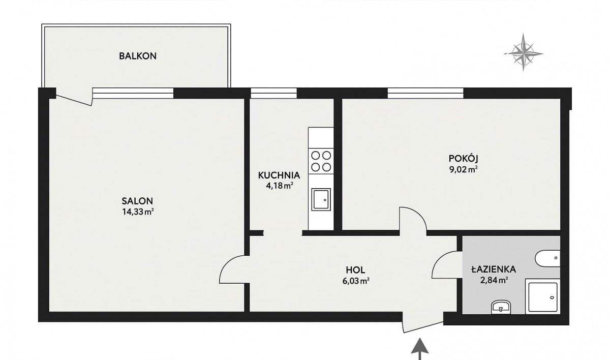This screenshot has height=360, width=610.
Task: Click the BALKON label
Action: click(x=138, y=56)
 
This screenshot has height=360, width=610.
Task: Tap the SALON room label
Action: click(x=137, y=201)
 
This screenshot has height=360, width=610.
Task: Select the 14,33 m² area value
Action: click(x=138, y=212)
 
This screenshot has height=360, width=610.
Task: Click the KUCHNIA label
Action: click(x=279, y=175)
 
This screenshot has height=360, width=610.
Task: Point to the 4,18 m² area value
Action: click(x=280, y=186)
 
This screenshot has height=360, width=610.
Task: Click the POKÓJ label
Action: click(x=464, y=158)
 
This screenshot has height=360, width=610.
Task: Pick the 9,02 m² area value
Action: click(x=464, y=170)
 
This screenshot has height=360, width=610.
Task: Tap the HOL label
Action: click(x=355, y=270)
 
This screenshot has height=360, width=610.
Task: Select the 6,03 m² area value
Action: click(x=356, y=281)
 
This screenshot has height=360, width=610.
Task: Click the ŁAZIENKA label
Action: click(x=494, y=269)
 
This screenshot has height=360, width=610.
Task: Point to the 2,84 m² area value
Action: click(x=494, y=280)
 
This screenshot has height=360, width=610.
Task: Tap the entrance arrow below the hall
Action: click(x=420, y=349)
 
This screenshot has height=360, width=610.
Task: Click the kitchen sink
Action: click(x=321, y=200)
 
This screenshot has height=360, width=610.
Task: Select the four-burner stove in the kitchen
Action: click(x=321, y=161)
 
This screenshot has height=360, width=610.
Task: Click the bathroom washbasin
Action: click(x=501, y=307)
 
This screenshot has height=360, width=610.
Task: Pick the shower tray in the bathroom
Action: click(x=543, y=296)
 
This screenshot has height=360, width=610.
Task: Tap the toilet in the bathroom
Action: click(x=547, y=258)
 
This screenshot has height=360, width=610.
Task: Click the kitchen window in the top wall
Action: click(x=273, y=93)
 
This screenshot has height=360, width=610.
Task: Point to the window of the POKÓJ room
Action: click(x=425, y=93)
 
